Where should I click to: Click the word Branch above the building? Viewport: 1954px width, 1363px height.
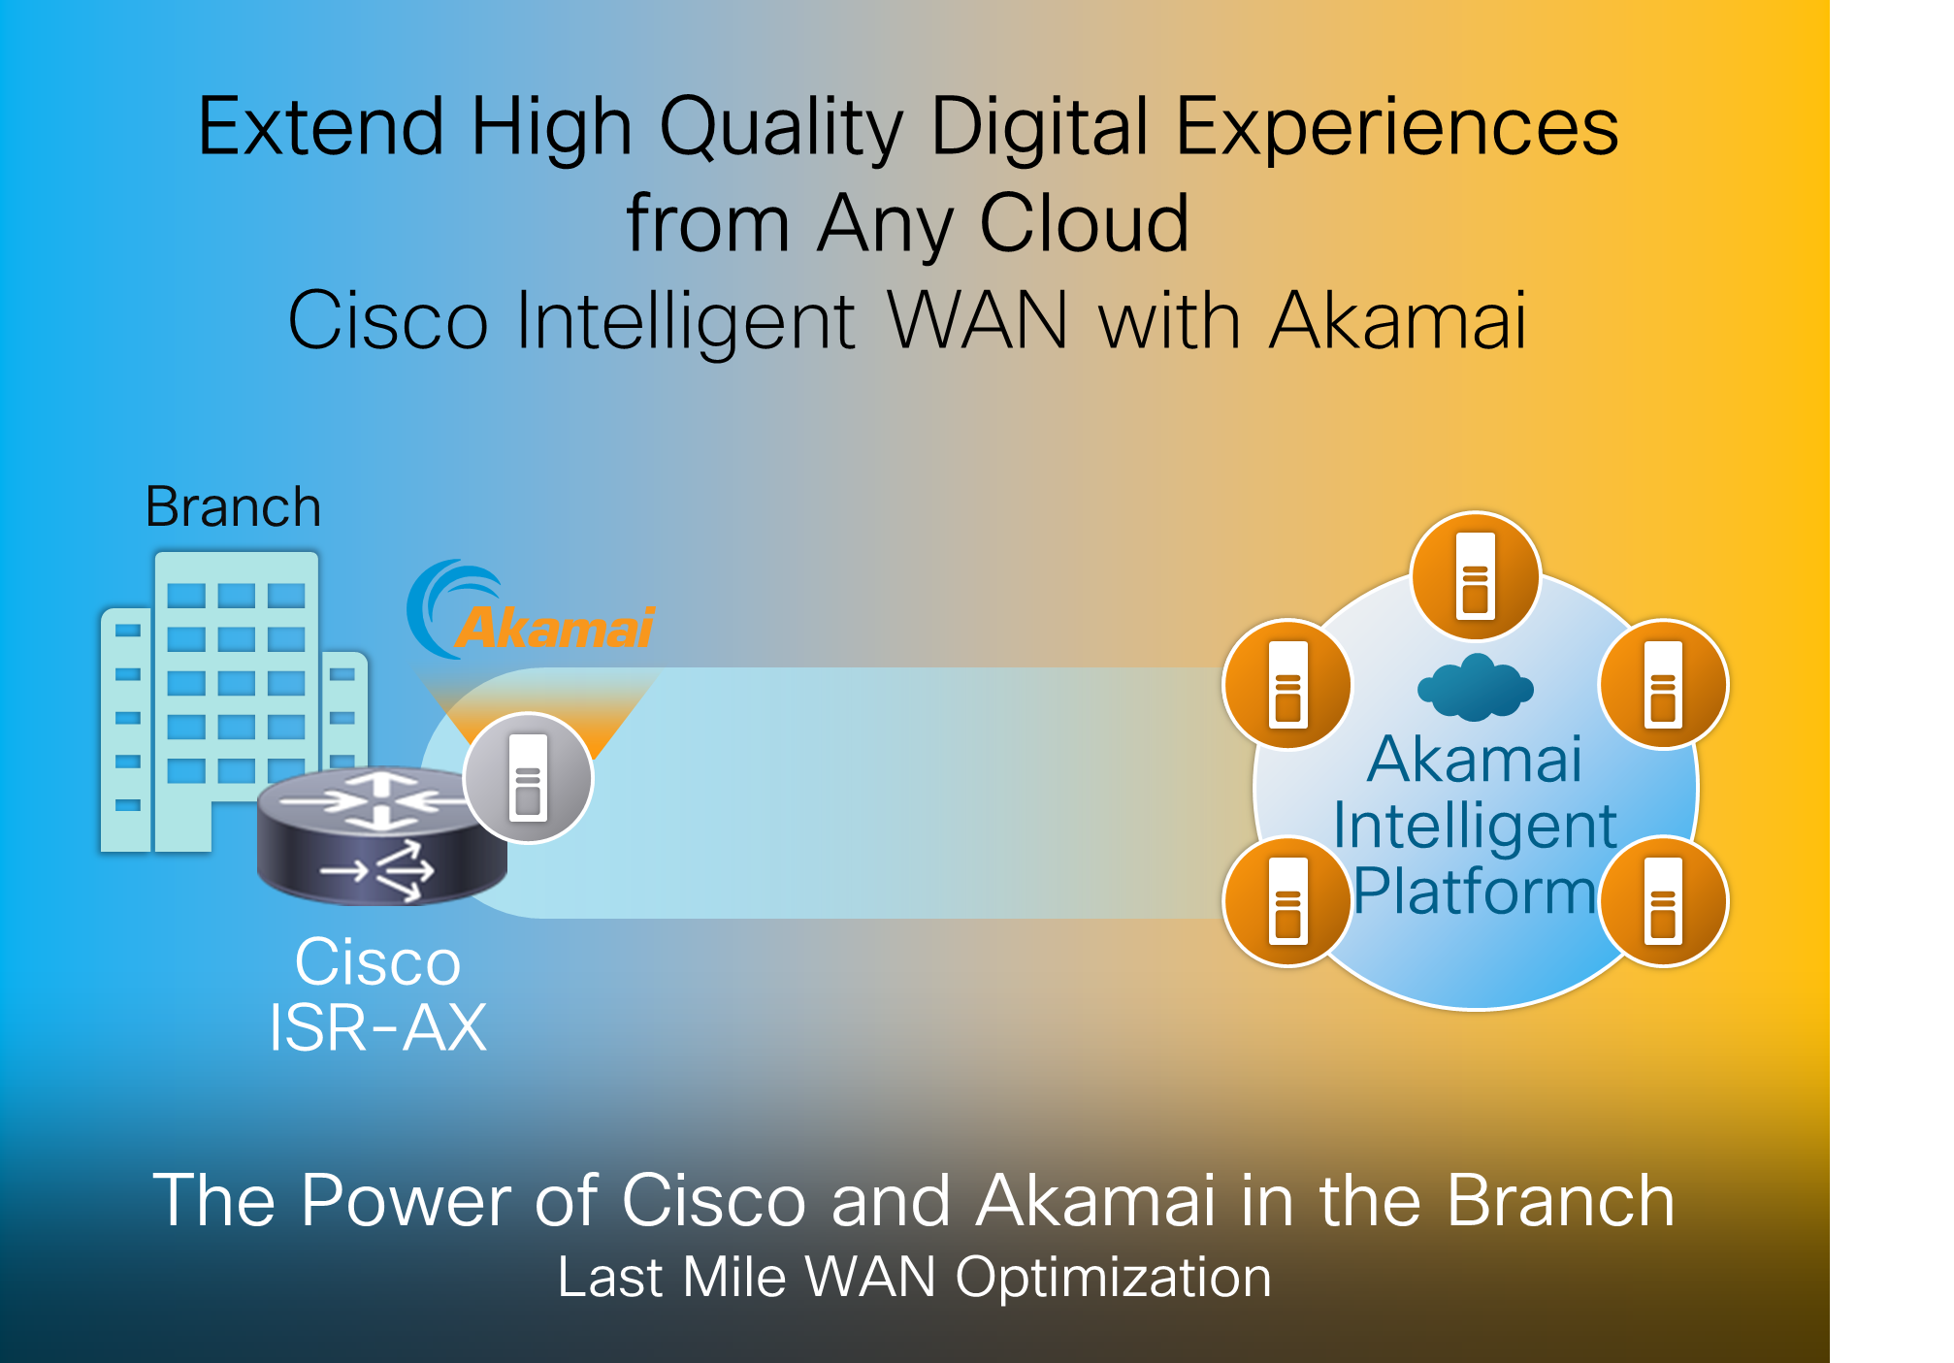click(233, 507)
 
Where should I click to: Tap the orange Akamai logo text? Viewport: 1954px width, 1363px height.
click(554, 629)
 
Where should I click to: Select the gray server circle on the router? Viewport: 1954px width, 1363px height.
click(528, 778)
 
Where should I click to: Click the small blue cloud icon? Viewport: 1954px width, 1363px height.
click(1475, 688)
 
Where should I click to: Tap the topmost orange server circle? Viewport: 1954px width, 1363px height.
click(1475, 576)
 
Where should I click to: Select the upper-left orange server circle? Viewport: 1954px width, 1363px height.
click(1287, 685)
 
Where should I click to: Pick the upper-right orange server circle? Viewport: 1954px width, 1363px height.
click(1663, 685)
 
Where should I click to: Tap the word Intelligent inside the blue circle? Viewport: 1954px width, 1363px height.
click(1475, 826)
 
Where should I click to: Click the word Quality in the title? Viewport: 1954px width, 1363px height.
click(782, 127)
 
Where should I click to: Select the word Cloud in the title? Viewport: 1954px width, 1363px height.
click(1084, 224)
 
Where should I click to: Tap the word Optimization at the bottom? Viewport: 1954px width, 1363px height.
click(1113, 1278)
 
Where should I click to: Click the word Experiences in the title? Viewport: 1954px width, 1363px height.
click(1397, 127)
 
